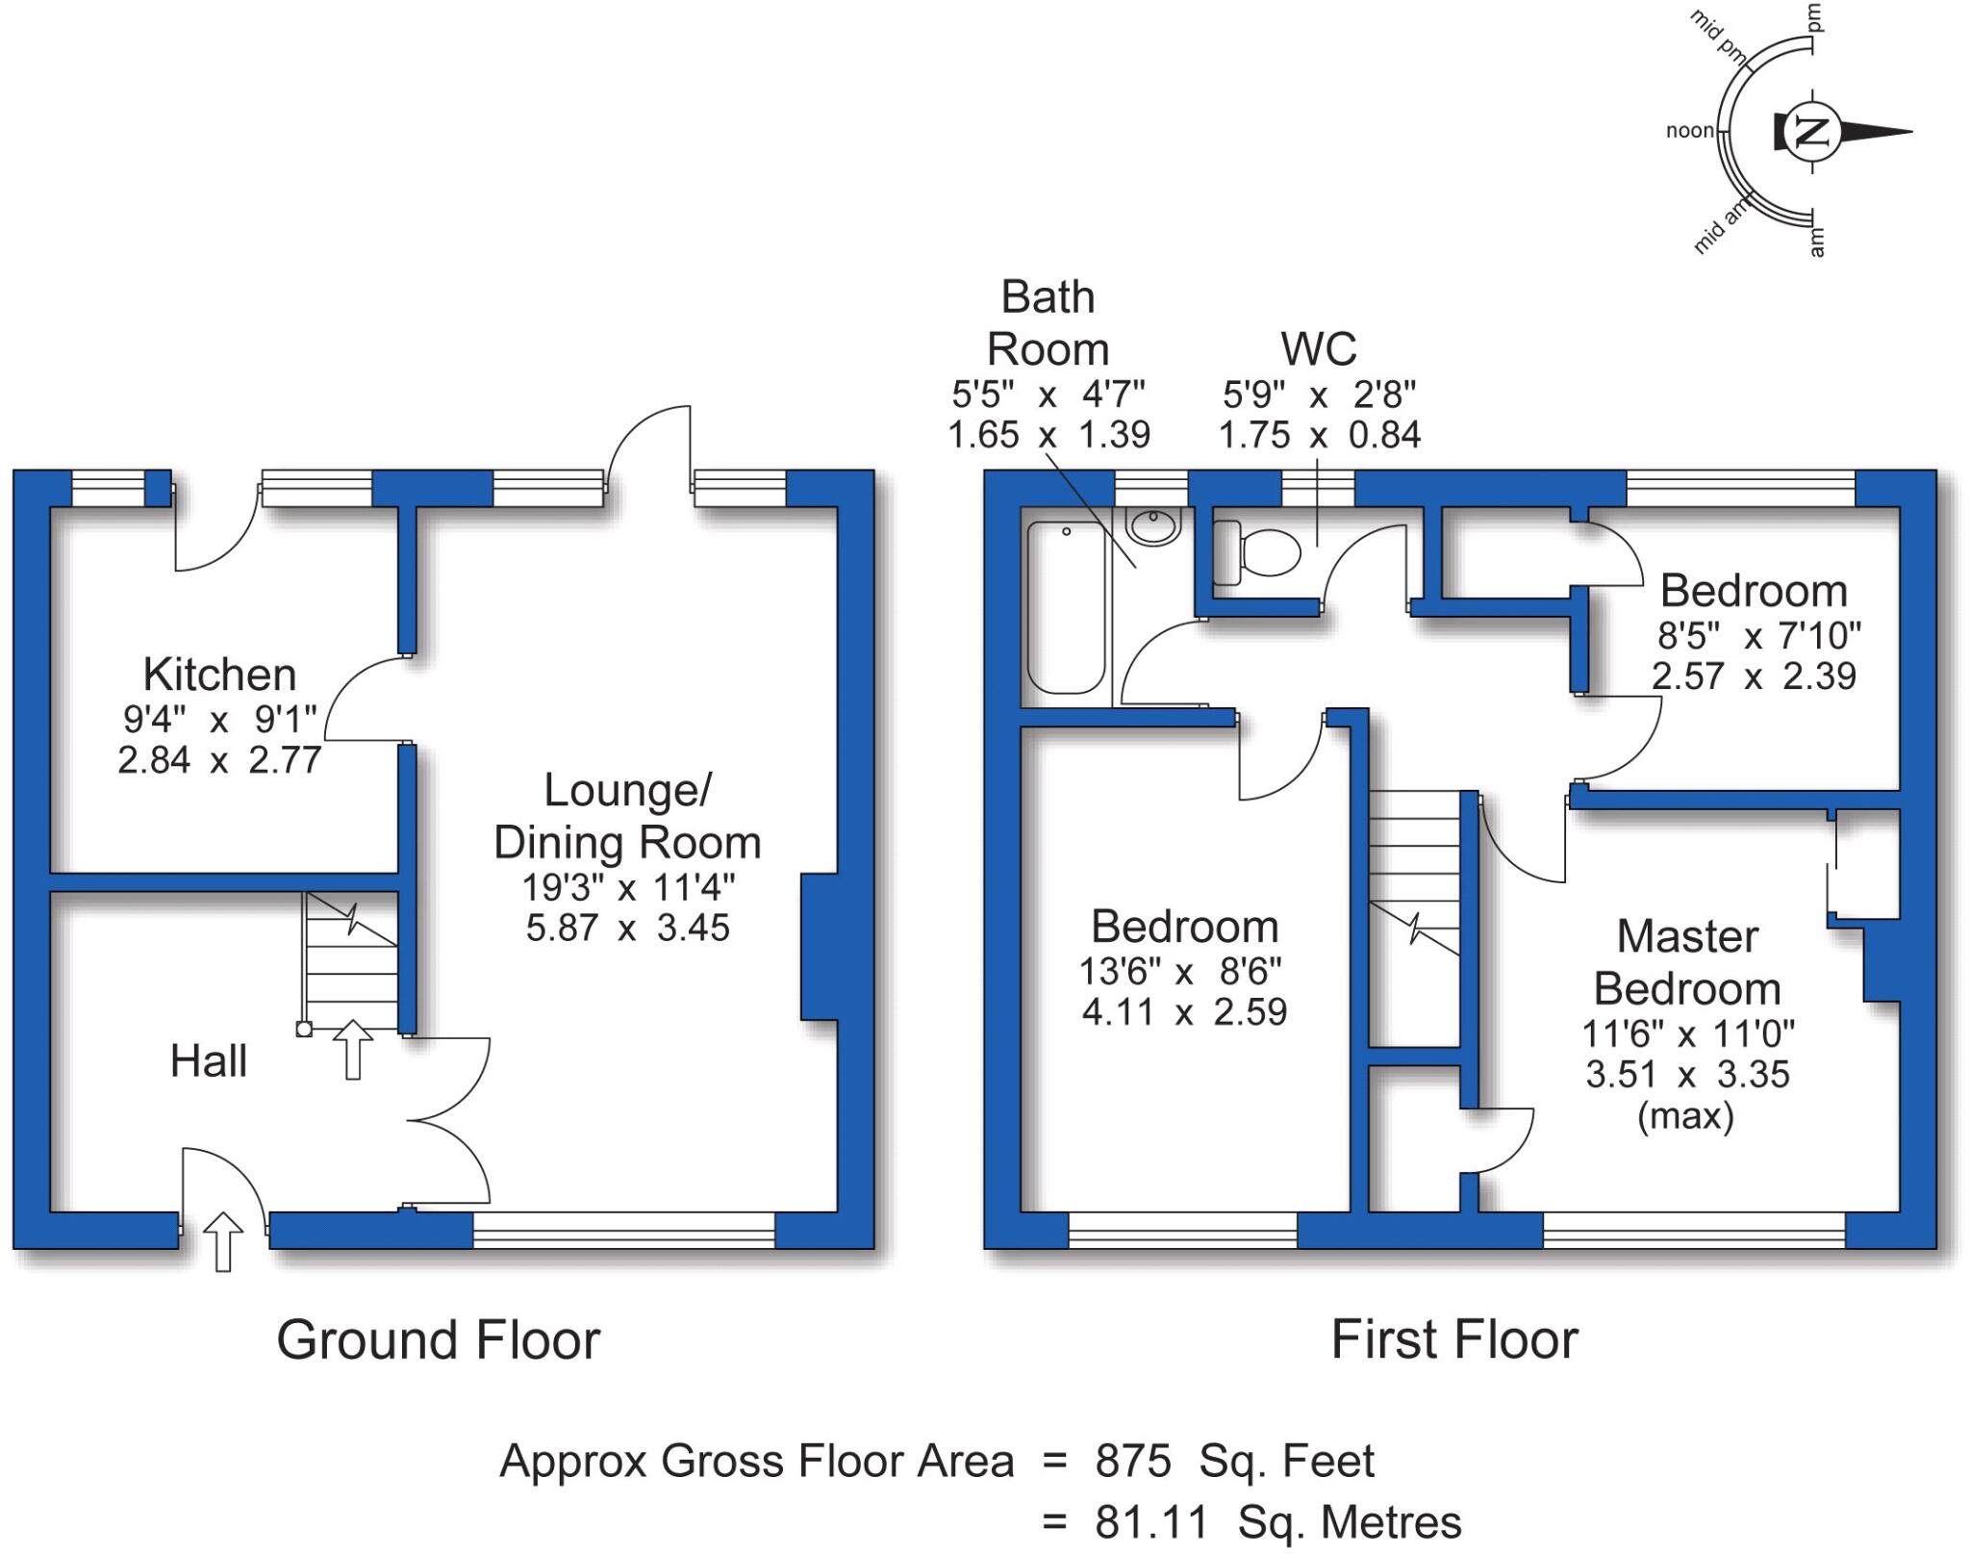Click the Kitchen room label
click(219, 675)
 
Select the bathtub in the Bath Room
click(1065, 607)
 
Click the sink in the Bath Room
click(1153, 527)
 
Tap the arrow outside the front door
click(223, 1241)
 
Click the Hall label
click(209, 1061)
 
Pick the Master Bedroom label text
click(1687, 962)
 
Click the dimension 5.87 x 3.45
click(627, 928)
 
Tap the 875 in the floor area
click(1132, 1462)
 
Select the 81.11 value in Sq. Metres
click(1150, 1523)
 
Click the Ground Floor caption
click(438, 1339)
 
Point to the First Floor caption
click(1453, 1339)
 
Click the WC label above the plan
click(1319, 349)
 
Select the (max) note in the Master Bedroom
click(1685, 1115)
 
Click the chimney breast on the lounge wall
click(819, 947)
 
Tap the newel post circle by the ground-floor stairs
click(304, 1030)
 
